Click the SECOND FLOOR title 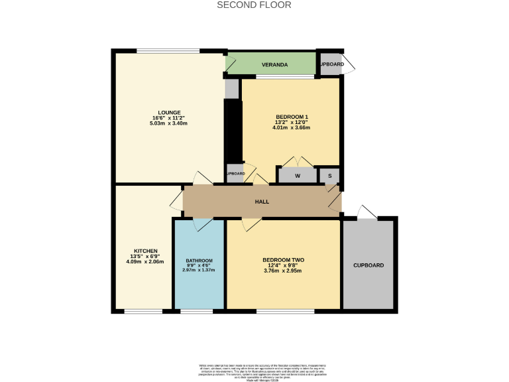click(254, 5)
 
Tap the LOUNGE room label click(169, 112)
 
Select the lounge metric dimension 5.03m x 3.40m click(169, 123)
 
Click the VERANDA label click(275, 65)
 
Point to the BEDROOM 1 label click(292, 117)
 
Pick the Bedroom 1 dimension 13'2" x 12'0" click(292, 122)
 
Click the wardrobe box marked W click(298, 176)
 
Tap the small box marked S click(329, 176)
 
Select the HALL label click(262, 202)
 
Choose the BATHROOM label click(199, 260)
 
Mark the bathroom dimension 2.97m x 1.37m click(199, 270)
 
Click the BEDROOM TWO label click(283, 259)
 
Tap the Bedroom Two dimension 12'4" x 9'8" click(283, 265)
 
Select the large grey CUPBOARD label click(368, 265)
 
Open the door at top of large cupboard click(367, 212)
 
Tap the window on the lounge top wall click(168, 51)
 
